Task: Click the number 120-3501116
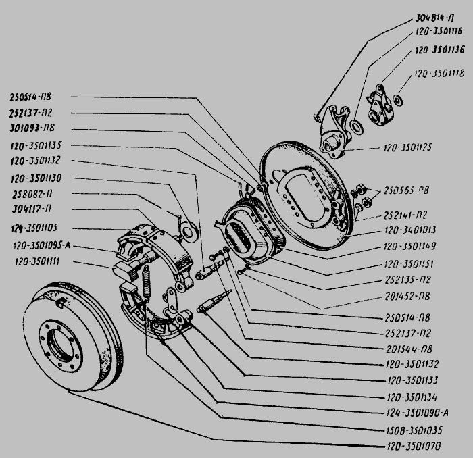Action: (x=439, y=31)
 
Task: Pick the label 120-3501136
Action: (x=440, y=49)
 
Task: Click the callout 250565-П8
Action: (x=411, y=190)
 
